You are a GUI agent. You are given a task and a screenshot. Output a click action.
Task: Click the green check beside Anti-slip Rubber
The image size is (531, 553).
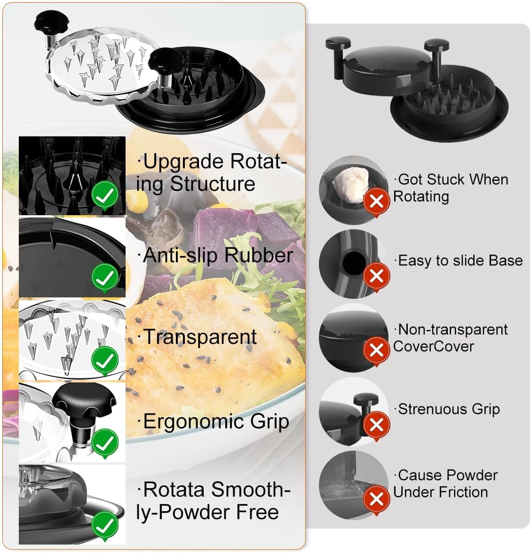tap(105, 277)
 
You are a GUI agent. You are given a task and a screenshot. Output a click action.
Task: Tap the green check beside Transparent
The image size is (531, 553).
tap(105, 360)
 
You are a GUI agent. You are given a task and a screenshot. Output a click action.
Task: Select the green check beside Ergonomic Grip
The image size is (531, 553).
tap(105, 443)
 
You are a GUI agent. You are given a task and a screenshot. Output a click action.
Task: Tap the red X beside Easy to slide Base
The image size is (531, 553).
tap(377, 276)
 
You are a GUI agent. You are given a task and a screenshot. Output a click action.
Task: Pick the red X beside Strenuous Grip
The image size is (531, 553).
tap(377, 425)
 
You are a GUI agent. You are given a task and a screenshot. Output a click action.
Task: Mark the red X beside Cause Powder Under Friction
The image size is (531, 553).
tap(377, 498)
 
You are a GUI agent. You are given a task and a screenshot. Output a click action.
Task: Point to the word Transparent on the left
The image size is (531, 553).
tap(200, 337)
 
